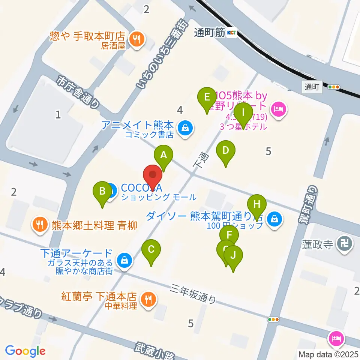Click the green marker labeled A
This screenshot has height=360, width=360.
click(163, 154)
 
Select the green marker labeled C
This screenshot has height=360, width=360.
click(151, 249)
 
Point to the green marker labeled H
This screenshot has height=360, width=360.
click(257, 204)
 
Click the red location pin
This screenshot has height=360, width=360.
click(153, 175)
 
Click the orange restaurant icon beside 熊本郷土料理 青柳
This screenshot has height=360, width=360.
click(39, 225)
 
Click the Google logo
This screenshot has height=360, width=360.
click(25, 351)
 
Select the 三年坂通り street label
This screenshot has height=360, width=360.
click(193, 293)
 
